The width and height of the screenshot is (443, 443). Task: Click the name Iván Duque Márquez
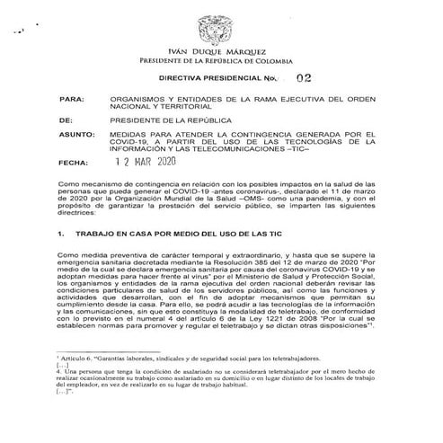coord(221,50)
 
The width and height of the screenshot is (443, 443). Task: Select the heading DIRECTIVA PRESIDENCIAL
coord(215,80)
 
